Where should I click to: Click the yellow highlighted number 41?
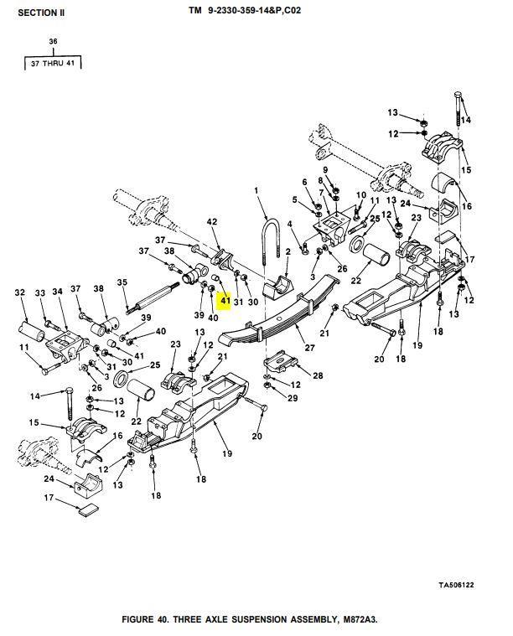tap(225, 298)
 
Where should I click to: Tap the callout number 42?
tap(212, 222)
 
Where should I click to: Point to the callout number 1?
tap(256, 191)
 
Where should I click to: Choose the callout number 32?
tap(20, 292)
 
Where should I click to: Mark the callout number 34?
tap(57, 292)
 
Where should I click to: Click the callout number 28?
tap(318, 375)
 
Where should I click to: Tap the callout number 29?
tap(292, 397)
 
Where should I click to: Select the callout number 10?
tap(361, 196)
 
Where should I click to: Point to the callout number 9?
tap(324, 171)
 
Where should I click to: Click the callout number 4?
tap(290, 224)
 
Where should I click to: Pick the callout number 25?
tap(154, 365)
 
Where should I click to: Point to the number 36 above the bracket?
tap(54, 41)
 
